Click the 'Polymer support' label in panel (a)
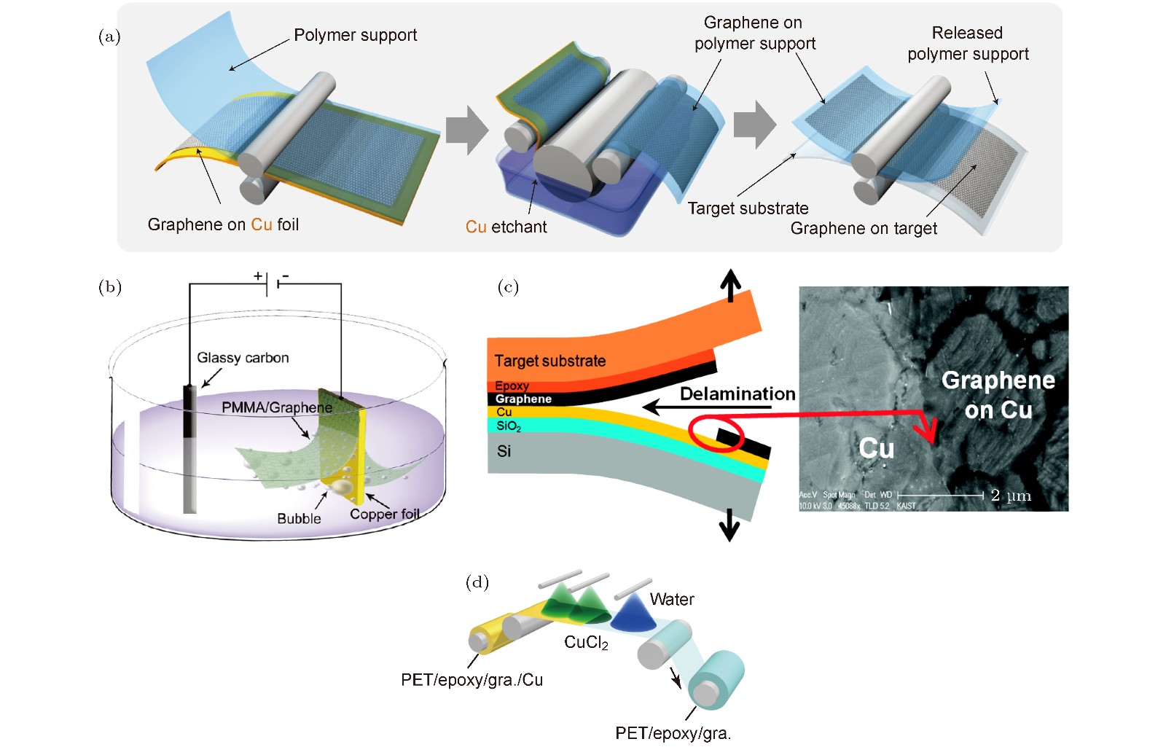point(355,35)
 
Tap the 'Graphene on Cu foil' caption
point(223,224)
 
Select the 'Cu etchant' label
point(506,227)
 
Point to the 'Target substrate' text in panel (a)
point(748,208)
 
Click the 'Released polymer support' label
point(968,44)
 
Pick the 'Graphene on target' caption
point(864,229)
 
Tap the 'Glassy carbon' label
point(243,358)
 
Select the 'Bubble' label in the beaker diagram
point(299,518)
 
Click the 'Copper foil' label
point(384,515)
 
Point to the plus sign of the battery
point(258,275)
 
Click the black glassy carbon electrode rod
point(190,412)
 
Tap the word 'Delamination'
point(737,394)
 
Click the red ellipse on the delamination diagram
point(716,434)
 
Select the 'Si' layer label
point(504,452)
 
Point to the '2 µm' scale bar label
point(1010,496)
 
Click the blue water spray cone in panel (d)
point(632,613)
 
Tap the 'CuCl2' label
point(586,643)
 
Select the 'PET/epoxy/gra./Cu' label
point(472,680)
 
